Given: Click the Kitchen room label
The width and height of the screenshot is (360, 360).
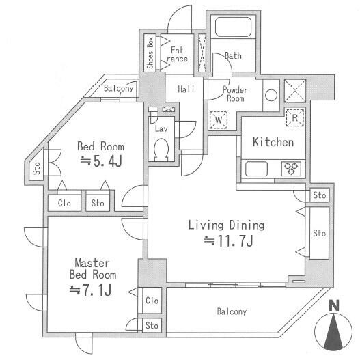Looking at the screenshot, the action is click(x=273, y=142).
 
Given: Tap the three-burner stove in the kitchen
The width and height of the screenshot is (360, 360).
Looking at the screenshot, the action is click(x=291, y=169).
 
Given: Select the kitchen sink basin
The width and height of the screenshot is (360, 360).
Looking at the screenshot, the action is click(x=256, y=169).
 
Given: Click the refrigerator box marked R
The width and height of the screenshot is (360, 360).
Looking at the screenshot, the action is click(x=295, y=117).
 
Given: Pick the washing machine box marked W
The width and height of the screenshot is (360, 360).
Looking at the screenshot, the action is click(x=219, y=120).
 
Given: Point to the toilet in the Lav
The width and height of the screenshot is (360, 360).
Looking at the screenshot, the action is click(x=161, y=149).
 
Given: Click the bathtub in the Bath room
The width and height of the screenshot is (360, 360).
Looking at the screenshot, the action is click(x=233, y=27).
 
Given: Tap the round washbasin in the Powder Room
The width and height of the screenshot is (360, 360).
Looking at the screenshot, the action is click(x=271, y=95).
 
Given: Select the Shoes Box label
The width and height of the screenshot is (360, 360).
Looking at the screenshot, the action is click(x=150, y=53).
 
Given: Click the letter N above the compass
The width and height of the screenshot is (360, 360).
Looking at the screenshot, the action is click(x=334, y=305).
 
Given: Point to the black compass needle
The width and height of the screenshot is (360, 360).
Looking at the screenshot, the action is click(x=333, y=333).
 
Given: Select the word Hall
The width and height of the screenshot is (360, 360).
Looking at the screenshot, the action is click(x=186, y=89).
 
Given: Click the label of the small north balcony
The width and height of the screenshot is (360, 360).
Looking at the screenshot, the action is click(x=118, y=88).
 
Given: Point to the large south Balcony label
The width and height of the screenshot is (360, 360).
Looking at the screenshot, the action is click(x=232, y=311).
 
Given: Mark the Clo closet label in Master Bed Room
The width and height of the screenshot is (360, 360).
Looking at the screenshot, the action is click(x=152, y=301).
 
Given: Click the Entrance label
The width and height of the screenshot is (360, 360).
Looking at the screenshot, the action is click(x=177, y=55).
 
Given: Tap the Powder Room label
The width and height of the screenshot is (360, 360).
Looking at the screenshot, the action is click(x=235, y=94).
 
